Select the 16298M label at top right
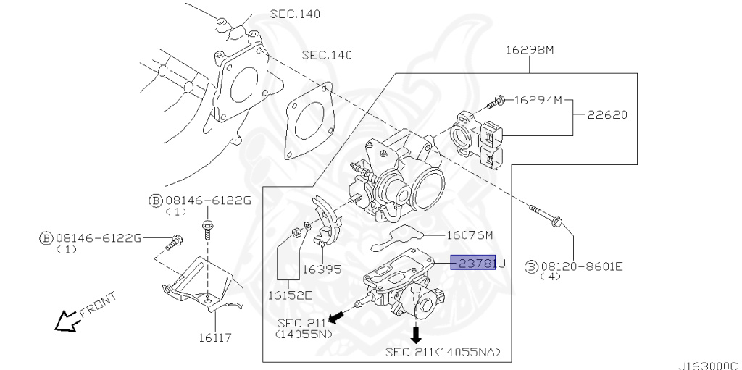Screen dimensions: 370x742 [x=530, y=50]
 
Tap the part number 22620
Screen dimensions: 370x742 [x=607, y=114]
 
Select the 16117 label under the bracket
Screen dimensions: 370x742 [x=214, y=337]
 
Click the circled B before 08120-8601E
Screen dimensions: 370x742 [x=531, y=266]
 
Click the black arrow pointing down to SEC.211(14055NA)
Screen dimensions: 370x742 [x=416, y=333]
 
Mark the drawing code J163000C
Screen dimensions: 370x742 [x=707, y=365]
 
